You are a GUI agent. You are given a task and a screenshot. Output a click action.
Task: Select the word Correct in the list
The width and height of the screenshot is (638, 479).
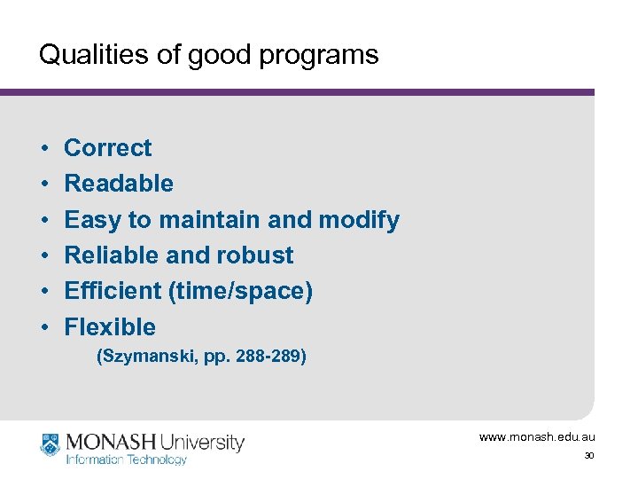108,148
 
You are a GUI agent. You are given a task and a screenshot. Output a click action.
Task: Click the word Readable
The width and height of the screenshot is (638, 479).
119,184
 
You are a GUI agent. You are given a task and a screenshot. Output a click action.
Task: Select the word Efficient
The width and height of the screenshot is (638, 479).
112,291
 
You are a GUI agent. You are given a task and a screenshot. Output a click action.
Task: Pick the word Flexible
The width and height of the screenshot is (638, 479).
110,327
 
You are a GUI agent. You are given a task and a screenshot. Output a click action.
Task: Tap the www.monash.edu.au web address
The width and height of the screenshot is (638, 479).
537,437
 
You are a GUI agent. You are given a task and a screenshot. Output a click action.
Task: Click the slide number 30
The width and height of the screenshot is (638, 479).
588,457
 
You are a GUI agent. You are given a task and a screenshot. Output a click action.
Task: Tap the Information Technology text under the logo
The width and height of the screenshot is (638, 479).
127,459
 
